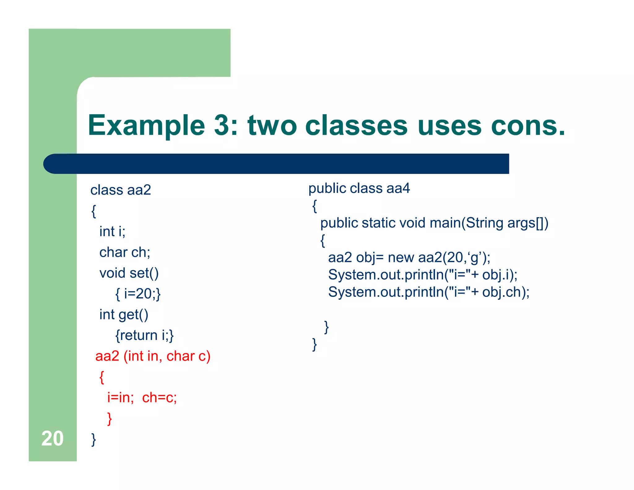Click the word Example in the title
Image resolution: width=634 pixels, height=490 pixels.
(x=146, y=125)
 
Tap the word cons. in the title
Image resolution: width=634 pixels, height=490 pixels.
(x=528, y=125)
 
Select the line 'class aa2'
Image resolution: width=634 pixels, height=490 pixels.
(x=120, y=190)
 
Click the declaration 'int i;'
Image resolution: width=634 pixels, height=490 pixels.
(x=112, y=231)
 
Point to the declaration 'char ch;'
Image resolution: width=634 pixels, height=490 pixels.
(x=124, y=252)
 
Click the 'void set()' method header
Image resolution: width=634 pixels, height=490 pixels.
(x=129, y=273)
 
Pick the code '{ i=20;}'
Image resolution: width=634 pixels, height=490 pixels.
(x=138, y=294)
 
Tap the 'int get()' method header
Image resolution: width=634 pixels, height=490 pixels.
(x=124, y=315)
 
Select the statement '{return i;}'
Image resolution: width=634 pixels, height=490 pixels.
(x=144, y=335)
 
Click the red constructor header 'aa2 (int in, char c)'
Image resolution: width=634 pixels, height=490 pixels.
(x=153, y=356)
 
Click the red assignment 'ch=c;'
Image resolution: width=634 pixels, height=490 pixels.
(x=159, y=397)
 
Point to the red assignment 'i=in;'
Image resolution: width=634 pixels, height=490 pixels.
(x=120, y=397)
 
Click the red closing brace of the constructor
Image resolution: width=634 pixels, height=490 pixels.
(x=109, y=418)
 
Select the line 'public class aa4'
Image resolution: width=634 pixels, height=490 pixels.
(x=359, y=188)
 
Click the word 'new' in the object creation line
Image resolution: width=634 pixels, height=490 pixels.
(x=401, y=257)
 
